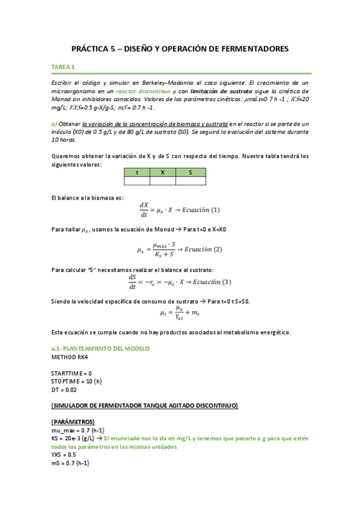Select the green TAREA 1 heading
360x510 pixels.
tap(63, 67)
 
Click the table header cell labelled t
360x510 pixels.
tap(137, 172)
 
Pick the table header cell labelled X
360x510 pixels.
tap(163, 172)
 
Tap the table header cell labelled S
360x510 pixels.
tap(191, 172)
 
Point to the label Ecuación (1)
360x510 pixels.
tap(200, 210)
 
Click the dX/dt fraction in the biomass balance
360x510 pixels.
tap(144, 209)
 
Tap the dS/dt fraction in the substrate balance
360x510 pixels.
tap(132, 281)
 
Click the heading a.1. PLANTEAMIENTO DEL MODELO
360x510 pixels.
tap(100, 349)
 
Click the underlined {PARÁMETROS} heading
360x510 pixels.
tap(73, 422)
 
